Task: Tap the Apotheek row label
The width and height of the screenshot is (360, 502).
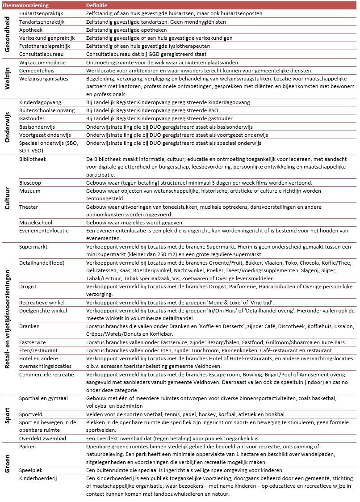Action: tap(31, 30)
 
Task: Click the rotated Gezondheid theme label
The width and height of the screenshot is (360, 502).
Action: tap(7, 34)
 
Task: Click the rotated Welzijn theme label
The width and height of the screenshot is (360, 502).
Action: tap(7, 79)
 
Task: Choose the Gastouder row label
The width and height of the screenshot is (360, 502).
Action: tap(31, 118)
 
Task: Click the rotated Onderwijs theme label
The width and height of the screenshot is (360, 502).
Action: tap(7, 127)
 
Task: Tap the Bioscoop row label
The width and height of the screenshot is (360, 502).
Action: tap(30, 183)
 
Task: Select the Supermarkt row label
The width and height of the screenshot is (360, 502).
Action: tap(33, 247)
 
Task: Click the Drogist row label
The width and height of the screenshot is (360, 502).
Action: tap(28, 286)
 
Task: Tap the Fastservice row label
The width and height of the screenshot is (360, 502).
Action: tap(33, 342)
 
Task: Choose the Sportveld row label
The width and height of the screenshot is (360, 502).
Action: tap(31, 414)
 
